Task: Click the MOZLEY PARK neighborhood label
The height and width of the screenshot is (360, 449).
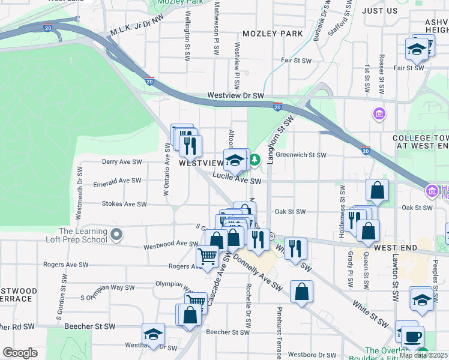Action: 273,34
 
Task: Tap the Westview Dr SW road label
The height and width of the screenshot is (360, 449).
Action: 235,95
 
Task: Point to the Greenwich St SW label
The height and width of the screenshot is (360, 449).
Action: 301,155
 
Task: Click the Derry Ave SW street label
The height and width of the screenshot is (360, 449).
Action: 121,162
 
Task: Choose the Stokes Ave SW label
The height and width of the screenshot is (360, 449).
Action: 124,204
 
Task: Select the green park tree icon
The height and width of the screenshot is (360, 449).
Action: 255,160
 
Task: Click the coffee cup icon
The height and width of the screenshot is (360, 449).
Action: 412,337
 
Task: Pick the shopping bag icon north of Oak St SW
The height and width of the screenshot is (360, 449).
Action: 377,190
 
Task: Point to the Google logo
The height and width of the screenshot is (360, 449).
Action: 20,353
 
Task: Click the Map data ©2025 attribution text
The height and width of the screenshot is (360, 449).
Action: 423,355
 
